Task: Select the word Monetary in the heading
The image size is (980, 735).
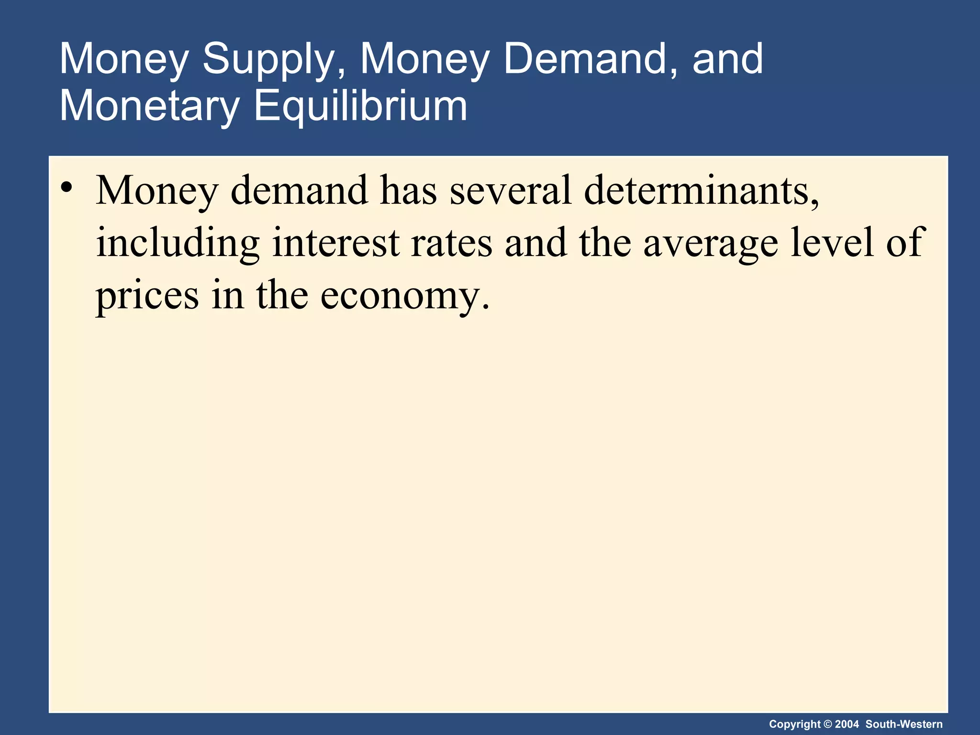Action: [x=149, y=106]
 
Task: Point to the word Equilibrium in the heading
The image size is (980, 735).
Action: [x=360, y=106]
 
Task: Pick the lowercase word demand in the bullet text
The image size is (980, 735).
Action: [x=299, y=190]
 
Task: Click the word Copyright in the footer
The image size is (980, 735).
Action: [x=794, y=724]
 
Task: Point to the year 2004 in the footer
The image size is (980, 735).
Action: [x=846, y=724]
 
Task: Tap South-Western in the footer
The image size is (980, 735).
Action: [x=904, y=724]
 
